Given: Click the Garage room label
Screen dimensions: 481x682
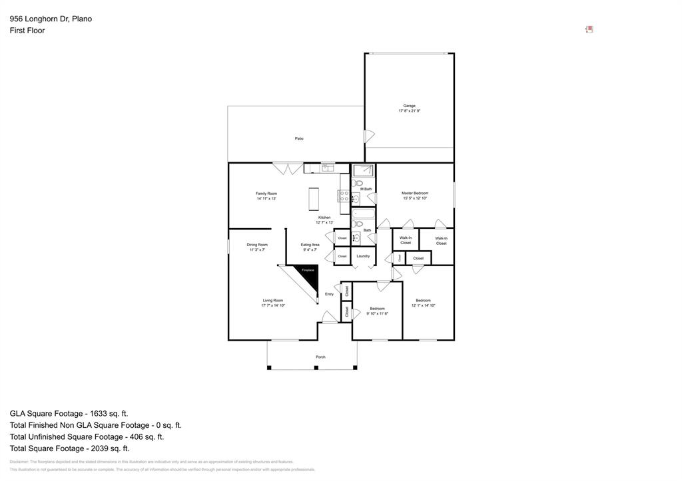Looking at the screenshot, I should [x=409, y=106].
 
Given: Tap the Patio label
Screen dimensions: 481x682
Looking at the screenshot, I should [x=299, y=138].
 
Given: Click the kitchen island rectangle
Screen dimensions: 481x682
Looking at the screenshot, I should [x=313, y=199].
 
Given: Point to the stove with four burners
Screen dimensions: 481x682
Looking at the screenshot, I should [x=344, y=196].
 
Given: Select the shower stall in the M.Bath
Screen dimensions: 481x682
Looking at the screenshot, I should [x=363, y=170].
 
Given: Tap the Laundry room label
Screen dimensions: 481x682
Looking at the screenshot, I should [x=363, y=256].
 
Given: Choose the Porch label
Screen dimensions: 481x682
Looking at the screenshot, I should [x=320, y=357].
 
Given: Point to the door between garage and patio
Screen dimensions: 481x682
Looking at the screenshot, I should [x=369, y=136].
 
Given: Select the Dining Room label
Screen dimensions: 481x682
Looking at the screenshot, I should [x=257, y=245].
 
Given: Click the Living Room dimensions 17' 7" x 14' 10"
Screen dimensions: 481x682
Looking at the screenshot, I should [x=273, y=305].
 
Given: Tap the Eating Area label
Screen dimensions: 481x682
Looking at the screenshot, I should [x=310, y=245].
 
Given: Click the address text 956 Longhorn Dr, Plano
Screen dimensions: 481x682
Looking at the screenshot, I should [x=51, y=19].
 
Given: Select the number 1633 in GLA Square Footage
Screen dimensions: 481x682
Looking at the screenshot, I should [x=97, y=413].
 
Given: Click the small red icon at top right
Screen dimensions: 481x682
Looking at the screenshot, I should [x=589, y=29].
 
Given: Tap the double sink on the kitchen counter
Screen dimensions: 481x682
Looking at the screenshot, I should [x=327, y=168].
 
